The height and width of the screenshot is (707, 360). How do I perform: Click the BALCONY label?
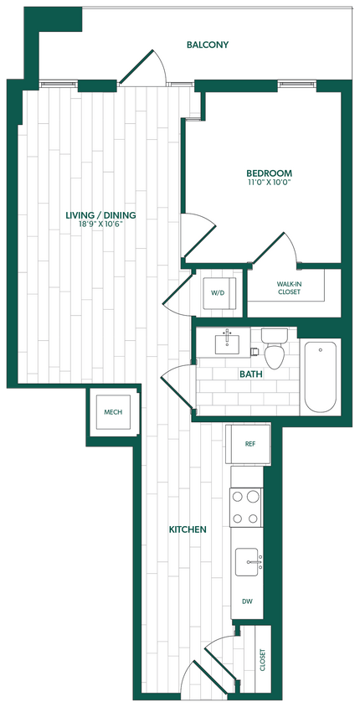point(208,44)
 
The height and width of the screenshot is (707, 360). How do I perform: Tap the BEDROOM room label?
point(269,173)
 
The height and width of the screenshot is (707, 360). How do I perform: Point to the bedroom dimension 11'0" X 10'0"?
point(269,183)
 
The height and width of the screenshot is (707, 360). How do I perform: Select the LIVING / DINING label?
point(100,215)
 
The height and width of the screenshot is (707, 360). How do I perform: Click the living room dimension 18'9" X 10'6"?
point(100,224)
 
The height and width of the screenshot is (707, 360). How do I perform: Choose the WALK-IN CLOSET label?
point(289,288)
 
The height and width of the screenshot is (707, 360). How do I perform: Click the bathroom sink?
point(227,343)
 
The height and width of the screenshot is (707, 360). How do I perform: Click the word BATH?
point(251,374)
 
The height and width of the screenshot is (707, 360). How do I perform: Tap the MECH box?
point(113,413)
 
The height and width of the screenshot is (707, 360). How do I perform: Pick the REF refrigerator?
point(249,444)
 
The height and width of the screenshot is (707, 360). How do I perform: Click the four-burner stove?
point(247,506)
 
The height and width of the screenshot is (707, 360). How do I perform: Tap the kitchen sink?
point(248,559)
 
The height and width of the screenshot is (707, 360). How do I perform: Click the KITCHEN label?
point(188,529)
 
